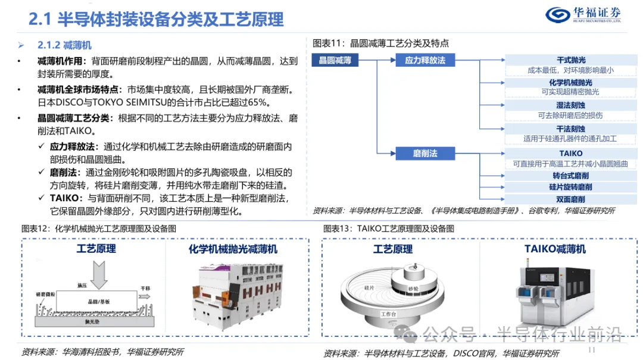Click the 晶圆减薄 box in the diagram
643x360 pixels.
(x=335, y=60)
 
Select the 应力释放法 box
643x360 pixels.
(x=425, y=60)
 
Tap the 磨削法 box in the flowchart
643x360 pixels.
(x=425, y=154)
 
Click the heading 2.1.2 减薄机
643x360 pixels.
(x=64, y=46)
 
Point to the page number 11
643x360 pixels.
(x=591, y=350)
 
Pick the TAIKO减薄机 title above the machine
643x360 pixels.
(x=555, y=249)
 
